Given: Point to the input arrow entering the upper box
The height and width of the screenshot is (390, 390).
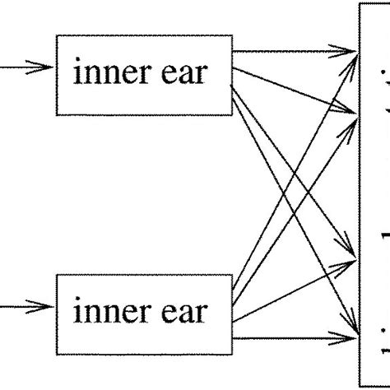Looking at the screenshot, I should coord(25,68).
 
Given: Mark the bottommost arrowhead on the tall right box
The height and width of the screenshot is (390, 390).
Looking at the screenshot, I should coord(350,335).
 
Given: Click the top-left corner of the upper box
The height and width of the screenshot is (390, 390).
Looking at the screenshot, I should coord(55,37).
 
